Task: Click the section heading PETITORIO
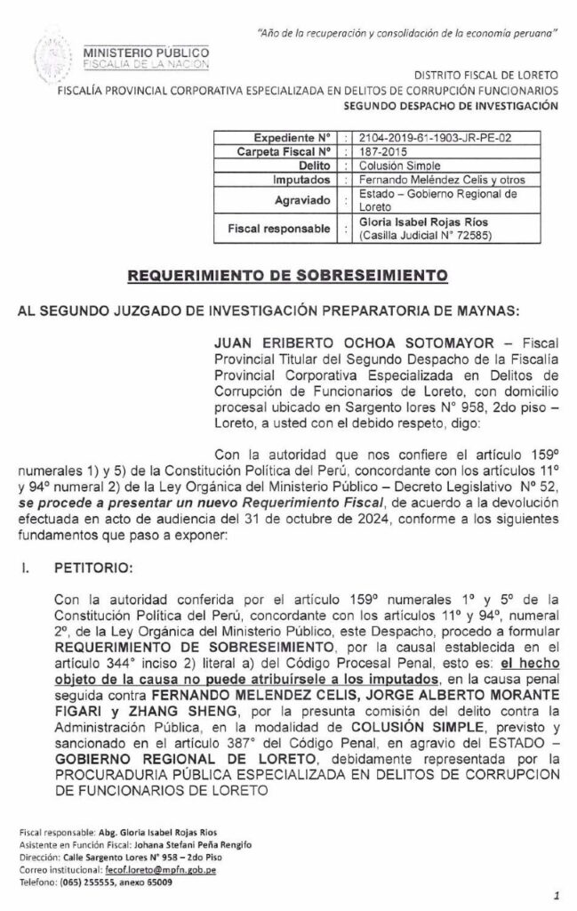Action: pos(89,565)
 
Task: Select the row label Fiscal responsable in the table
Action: pos(278,229)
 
